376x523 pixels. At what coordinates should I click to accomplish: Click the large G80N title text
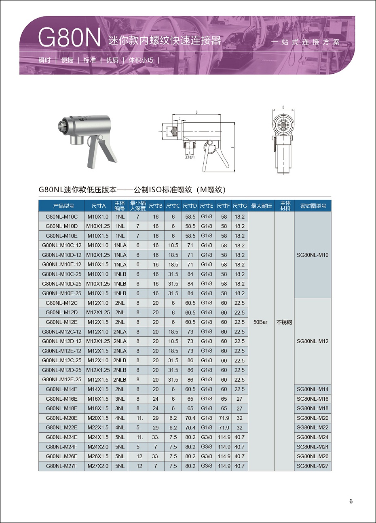coord(69,38)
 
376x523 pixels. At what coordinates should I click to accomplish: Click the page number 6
coord(351,501)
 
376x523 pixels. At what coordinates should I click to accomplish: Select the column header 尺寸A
coord(98,206)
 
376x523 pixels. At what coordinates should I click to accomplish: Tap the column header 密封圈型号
coord(313,206)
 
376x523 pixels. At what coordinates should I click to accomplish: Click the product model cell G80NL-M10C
coord(62,217)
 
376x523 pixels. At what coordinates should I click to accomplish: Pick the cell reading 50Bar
coord(260,322)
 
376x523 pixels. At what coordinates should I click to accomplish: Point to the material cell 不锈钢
coord(284,322)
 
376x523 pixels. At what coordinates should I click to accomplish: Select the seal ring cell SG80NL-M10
coord(313,255)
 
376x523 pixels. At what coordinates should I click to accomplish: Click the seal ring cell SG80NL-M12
coord(313,341)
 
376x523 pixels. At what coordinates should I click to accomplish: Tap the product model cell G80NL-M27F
coord(62,466)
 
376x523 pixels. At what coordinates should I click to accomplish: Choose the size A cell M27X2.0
coord(98,466)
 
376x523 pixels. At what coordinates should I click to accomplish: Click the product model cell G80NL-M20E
coord(62,418)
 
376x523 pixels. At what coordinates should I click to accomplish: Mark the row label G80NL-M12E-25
coord(62,380)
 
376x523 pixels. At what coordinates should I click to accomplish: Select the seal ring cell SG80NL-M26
coord(313,456)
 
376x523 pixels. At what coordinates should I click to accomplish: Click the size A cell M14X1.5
coord(98,389)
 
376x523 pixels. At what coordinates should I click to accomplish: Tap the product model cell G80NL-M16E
coord(62,399)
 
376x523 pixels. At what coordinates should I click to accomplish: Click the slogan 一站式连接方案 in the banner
coord(306,42)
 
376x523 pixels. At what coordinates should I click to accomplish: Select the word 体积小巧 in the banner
coord(141,60)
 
